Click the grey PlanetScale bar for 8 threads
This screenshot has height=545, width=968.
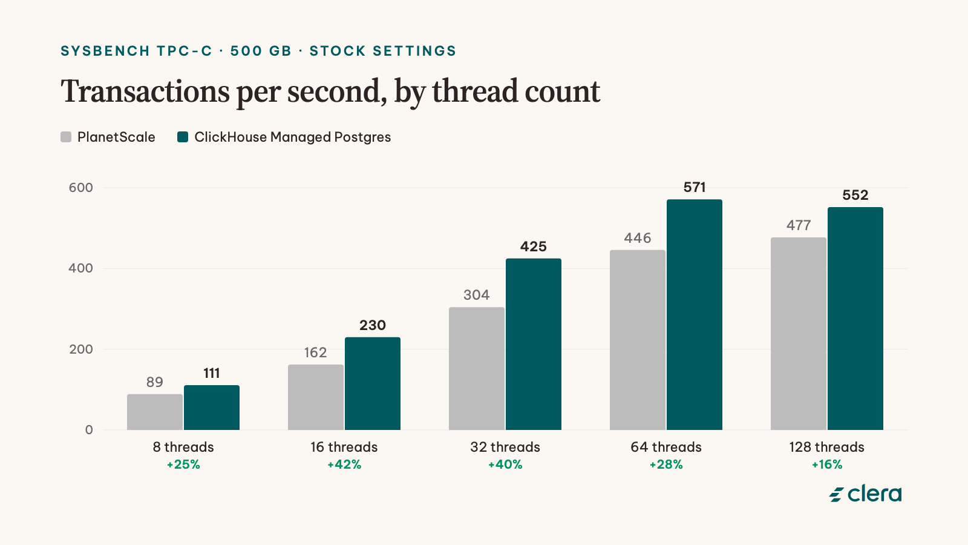tap(155, 412)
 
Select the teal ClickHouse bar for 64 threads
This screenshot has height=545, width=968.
tap(695, 314)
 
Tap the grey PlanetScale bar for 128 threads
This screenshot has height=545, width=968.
tap(798, 334)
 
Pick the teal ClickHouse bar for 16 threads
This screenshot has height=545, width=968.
tap(373, 384)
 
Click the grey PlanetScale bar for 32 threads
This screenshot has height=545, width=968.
tap(477, 369)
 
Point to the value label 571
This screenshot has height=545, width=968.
tap(695, 187)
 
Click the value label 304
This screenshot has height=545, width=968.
tap(477, 295)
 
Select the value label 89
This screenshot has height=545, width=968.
tap(155, 382)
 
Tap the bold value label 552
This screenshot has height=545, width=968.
tap(855, 195)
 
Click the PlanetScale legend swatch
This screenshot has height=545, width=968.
tap(66, 137)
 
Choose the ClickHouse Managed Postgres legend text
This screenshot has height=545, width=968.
tap(293, 137)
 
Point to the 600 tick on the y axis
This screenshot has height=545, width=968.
tap(81, 188)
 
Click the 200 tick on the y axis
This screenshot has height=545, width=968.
tap(81, 349)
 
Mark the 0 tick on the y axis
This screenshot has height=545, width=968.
tap(89, 430)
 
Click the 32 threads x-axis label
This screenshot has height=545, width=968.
tap(505, 447)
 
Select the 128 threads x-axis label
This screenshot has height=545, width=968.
tap(826, 447)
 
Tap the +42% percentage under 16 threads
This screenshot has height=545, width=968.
tap(344, 464)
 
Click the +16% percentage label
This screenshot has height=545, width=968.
tap(826, 464)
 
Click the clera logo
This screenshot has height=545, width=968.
tap(866, 494)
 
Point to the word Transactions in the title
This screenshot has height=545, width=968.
tap(145, 91)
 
